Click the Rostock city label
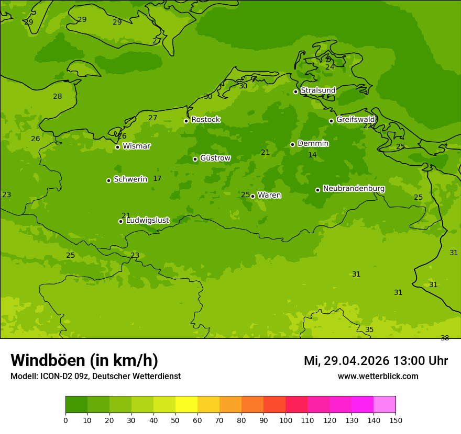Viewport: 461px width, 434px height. [205, 120]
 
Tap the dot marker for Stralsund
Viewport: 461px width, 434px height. [295, 92]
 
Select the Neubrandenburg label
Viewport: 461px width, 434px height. [354, 189]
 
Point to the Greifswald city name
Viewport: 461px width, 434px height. [355, 120]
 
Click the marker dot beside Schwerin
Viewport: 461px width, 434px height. [108, 180]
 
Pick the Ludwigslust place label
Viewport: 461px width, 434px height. [147, 221]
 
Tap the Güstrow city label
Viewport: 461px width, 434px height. [215, 158]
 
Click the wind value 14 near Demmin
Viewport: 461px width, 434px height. [312, 155]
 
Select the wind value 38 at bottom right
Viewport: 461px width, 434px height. [445, 338]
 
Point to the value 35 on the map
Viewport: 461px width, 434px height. [369, 330]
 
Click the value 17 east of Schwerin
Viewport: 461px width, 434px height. [157, 179]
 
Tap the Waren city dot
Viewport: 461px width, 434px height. [253, 196]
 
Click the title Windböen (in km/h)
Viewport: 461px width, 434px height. [84, 361]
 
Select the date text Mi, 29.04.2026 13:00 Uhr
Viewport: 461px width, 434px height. [376, 361]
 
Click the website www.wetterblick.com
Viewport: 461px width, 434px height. [378, 376]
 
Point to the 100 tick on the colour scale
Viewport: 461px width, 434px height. [286, 420]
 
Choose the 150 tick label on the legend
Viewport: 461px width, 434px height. [395, 420]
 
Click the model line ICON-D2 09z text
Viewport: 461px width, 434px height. [95, 376]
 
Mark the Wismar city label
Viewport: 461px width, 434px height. [136, 146]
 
